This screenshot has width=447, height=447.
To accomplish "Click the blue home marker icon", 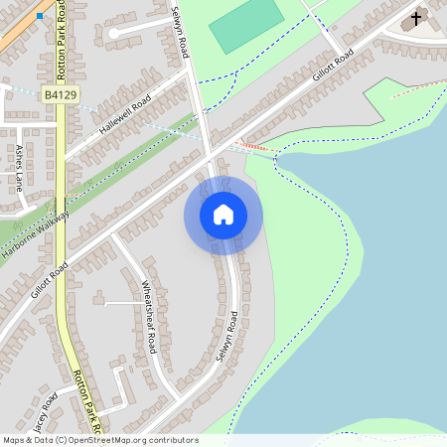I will click(223, 215).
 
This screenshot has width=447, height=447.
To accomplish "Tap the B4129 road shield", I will click(62, 94).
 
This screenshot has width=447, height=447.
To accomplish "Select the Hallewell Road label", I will click(125, 113).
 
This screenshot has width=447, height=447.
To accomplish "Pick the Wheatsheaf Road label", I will click(149, 316).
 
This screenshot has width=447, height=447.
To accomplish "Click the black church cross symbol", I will click(415, 19).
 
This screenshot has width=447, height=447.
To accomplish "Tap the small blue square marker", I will click(40, 16).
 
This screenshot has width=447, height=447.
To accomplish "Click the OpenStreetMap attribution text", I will click(100, 440).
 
